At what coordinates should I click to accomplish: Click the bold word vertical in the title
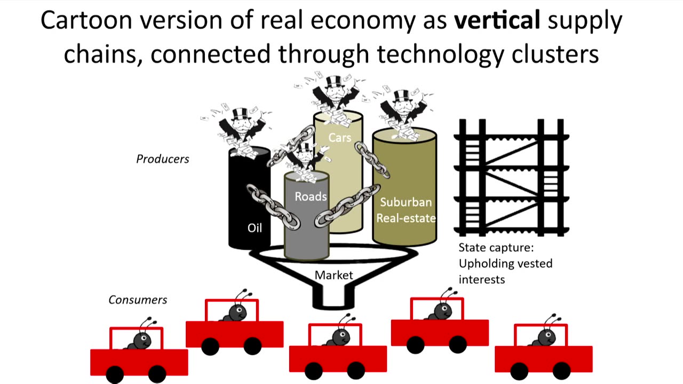(497, 20)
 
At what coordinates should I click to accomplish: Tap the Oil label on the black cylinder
(255, 228)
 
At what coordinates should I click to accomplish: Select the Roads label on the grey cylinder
(311, 196)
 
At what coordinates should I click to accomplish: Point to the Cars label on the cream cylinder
(339, 138)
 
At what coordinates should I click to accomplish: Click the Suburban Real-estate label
(406, 210)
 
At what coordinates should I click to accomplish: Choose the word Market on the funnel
(333, 275)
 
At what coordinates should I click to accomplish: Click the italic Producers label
(163, 159)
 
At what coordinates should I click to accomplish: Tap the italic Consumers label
(138, 300)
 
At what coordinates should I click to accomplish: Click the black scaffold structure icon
(511, 178)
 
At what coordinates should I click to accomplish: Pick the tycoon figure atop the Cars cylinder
(335, 96)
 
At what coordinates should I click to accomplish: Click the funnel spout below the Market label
(333, 299)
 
